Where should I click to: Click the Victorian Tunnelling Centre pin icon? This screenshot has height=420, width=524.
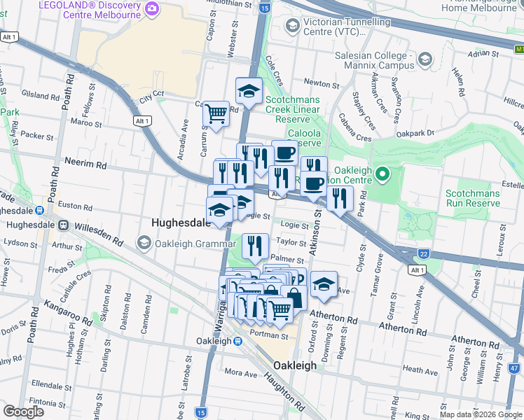(293, 27)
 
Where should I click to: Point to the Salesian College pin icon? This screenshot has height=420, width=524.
(424, 59)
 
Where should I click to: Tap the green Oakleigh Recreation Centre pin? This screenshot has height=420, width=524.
(382, 172)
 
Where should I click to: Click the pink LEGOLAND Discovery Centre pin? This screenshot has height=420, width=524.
(153, 8)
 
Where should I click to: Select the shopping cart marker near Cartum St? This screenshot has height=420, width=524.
(216, 113)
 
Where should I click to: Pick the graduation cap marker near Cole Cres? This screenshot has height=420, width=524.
(248, 90)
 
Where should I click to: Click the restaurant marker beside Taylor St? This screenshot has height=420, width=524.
(255, 245)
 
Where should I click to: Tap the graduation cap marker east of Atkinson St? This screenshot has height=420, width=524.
(324, 283)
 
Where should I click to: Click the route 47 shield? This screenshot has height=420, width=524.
(514, 367)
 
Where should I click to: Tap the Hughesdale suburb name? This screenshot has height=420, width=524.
(181, 223)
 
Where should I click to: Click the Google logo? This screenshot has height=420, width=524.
(23, 411)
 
